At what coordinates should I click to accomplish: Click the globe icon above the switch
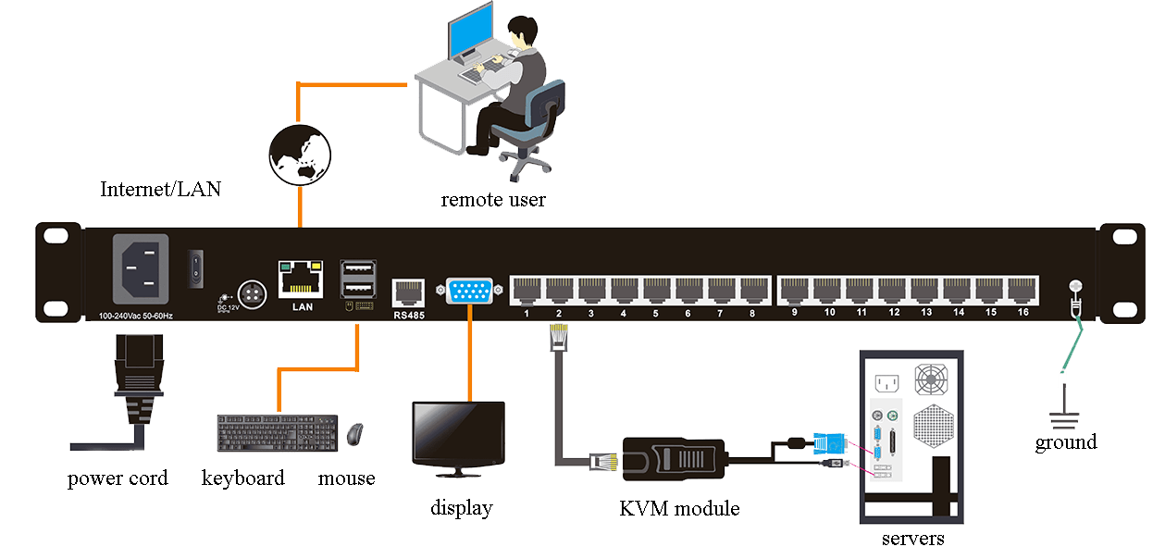pyautogui.click(x=300, y=154)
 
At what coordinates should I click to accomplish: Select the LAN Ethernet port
pyautogui.click(x=300, y=278)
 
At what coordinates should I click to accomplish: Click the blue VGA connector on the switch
pyautogui.click(x=471, y=291)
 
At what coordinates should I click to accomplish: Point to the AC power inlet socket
pyautogui.click(x=141, y=267)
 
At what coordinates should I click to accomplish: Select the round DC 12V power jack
pyautogui.click(x=251, y=291)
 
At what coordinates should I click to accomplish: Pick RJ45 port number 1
pyautogui.click(x=527, y=290)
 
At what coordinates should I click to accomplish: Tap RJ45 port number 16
pyautogui.click(x=1022, y=290)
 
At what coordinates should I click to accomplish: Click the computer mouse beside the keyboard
pyautogui.click(x=354, y=432)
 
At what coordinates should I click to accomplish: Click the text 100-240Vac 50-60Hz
pyautogui.click(x=135, y=316)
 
